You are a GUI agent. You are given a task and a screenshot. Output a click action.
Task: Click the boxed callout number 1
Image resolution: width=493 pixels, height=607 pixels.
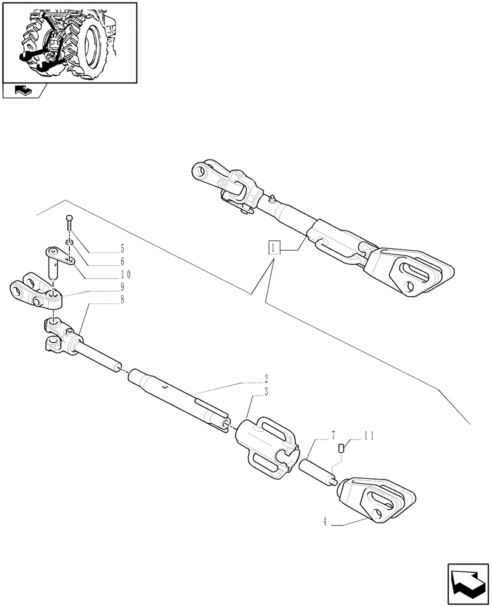pos(274,248)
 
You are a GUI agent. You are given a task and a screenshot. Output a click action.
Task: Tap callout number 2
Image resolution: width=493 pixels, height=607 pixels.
pos(266,378)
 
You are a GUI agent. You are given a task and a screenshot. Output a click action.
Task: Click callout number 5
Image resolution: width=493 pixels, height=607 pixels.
pos(122,249)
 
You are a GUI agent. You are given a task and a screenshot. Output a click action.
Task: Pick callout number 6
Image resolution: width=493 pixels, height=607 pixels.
pos(122,262)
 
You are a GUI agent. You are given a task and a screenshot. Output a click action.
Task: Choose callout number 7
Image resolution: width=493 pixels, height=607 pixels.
pos(333,435)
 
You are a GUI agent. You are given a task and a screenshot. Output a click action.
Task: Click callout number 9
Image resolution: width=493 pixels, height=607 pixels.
pos(122,287)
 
